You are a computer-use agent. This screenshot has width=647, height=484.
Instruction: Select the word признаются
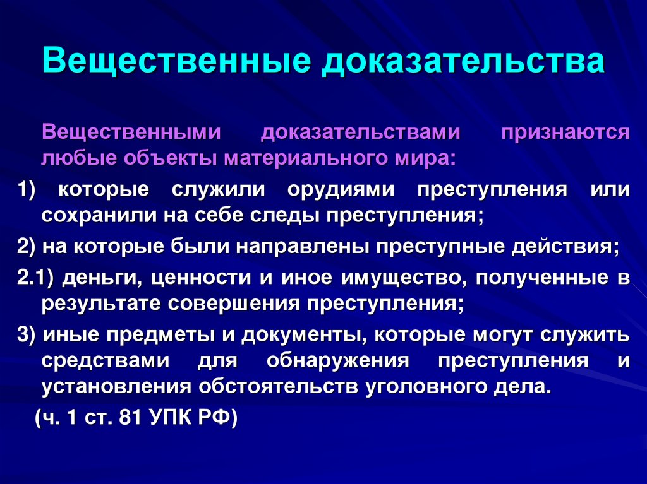574,133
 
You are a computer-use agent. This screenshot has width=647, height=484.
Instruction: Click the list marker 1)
28,190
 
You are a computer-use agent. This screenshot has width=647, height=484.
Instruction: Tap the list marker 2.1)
37,278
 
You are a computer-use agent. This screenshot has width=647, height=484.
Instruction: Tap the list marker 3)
28,335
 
